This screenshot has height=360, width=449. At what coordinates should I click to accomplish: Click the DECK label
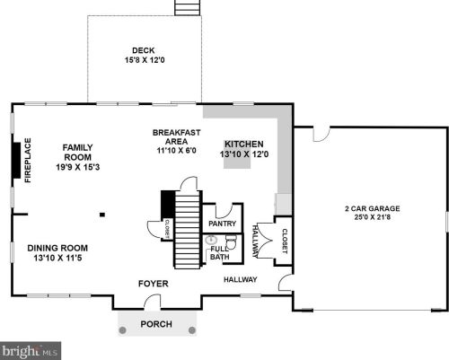(144, 50)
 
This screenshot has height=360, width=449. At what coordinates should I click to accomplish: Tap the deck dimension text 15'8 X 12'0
(144, 60)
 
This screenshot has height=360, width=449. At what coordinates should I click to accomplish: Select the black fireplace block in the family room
(16, 161)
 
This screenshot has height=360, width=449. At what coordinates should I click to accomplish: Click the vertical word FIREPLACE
(28, 161)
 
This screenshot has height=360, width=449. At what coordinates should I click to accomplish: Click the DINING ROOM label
(57, 248)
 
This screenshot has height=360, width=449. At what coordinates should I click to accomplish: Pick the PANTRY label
(222, 223)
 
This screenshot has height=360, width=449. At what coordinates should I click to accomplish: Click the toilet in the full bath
(230, 242)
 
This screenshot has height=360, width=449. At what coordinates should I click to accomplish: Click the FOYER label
(153, 284)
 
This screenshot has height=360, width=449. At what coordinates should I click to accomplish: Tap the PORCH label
(155, 323)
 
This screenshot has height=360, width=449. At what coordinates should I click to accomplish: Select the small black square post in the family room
(102, 214)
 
